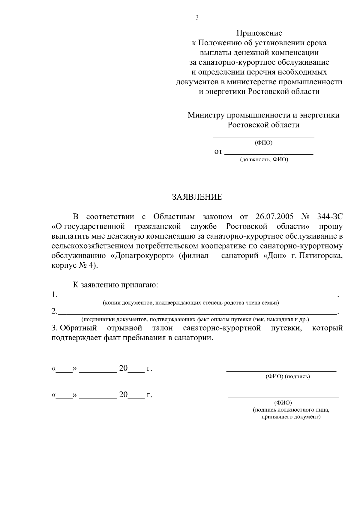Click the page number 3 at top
tap(197, 18)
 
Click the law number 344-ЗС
tap(330, 216)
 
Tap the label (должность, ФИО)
tap(264, 160)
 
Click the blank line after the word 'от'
tap(269, 153)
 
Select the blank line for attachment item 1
tap(197, 297)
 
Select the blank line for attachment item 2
tap(197, 313)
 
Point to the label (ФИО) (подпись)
tap(287, 377)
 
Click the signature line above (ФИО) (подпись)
tap(281, 371)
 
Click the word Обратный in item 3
tap(78, 328)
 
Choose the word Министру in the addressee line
tap(206, 115)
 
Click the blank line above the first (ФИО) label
tap(263, 137)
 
